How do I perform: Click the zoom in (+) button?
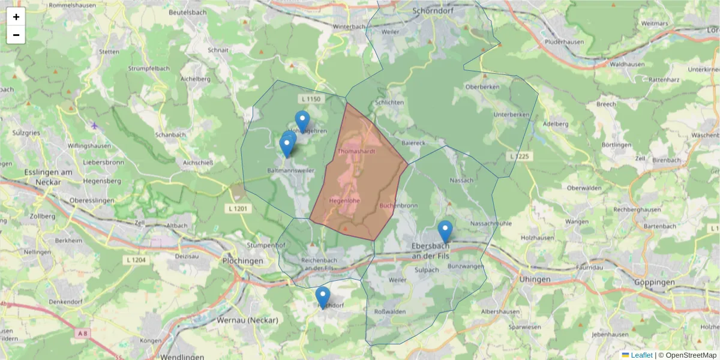click(16, 17)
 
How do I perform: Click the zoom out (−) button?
click(16, 35)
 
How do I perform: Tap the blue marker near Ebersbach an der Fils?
click(445, 230)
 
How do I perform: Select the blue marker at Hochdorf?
click(323, 296)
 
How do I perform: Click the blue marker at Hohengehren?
click(302, 121)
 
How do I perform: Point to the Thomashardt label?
click(356, 151)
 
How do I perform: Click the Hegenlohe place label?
click(344, 200)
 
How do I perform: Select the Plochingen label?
click(242, 261)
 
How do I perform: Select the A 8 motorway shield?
click(83, 332)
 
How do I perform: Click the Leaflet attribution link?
click(641, 355)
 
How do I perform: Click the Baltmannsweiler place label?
click(290, 170)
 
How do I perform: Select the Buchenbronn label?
click(398, 205)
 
